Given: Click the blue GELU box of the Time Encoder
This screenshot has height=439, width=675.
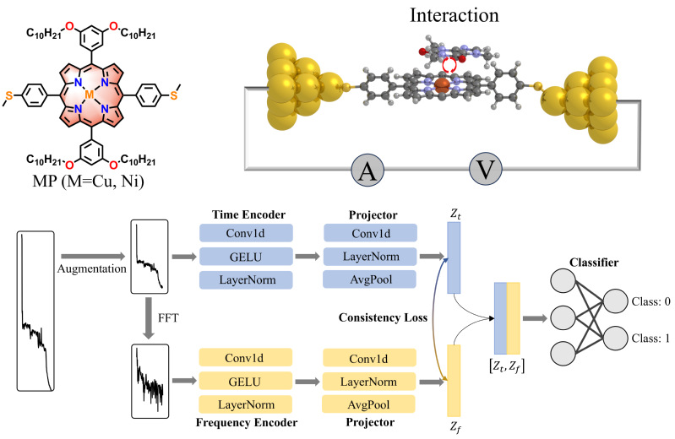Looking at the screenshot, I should pos(246,255).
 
